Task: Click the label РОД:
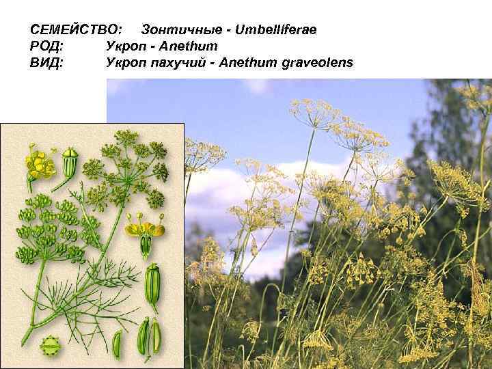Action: point(47,47)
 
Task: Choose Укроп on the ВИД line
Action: point(125,63)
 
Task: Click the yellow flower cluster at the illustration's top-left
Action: point(40,162)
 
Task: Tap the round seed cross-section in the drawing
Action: point(49,346)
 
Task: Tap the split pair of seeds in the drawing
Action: point(150,335)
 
